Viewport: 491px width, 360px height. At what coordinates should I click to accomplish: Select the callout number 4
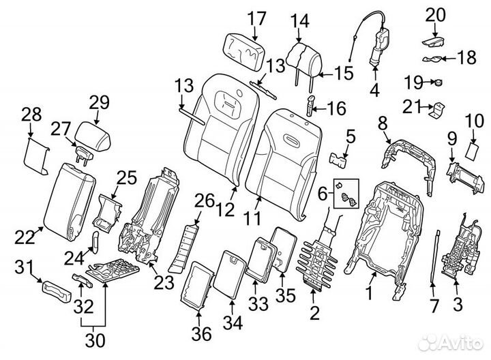coord(374,89)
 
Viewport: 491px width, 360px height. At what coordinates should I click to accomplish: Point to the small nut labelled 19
coord(438,84)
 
